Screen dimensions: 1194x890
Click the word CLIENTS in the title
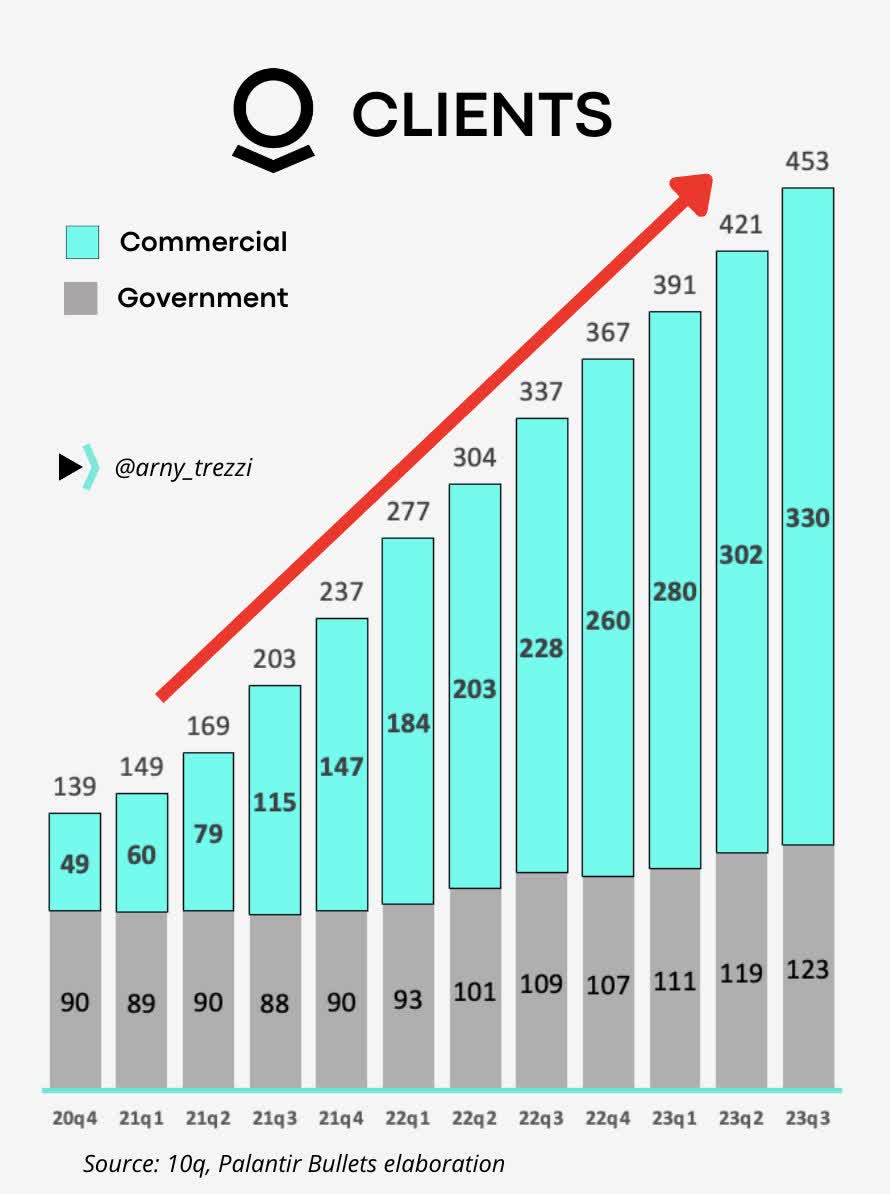coord(482,115)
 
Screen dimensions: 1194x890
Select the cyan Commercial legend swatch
coord(82,242)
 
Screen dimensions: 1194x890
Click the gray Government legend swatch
coord(81,298)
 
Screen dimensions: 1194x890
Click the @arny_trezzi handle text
coord(183,466)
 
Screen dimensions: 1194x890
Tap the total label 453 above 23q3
coord(807,162)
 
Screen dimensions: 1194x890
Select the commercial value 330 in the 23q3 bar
coord(807,518)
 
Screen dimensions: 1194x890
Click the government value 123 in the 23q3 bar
coord(807,969)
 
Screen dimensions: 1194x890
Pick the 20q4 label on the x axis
coord(75,1118)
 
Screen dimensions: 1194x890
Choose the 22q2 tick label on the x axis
coord(475,1118)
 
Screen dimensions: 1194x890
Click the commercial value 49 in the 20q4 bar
coord(75,863)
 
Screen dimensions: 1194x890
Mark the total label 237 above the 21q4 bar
coord(341,592)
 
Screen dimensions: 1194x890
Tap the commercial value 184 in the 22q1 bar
coord(408,722)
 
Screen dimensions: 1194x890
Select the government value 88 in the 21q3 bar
coord(275,1003)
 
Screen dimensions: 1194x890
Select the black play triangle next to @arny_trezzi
coord(69,467)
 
